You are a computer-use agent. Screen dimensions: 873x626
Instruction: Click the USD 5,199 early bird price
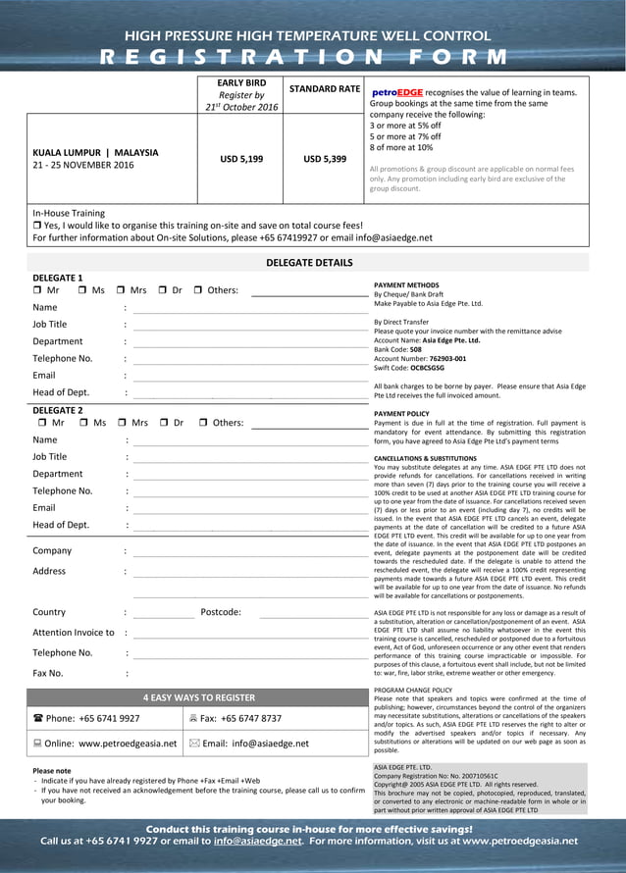coord(240,158)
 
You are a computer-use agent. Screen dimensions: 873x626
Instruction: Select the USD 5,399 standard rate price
coord(323,158)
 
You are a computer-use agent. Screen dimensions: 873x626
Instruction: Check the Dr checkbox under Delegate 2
coord(165,423)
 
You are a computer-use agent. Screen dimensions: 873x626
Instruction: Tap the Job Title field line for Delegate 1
coord(249,325)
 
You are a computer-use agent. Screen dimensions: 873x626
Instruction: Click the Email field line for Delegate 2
coord(249,509)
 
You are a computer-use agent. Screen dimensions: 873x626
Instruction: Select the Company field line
coord(249,552)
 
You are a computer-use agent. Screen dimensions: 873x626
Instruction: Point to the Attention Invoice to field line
coord(249,634)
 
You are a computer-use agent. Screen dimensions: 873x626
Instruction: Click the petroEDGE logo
coord(396,93)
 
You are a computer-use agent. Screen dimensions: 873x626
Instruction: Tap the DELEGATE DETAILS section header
coord(309,263)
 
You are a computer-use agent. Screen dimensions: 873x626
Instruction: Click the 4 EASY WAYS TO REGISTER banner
coord(198,698)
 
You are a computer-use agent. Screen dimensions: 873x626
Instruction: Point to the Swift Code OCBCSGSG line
coord(409,368)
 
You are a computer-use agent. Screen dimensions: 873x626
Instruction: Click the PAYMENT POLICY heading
coord(401,414)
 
